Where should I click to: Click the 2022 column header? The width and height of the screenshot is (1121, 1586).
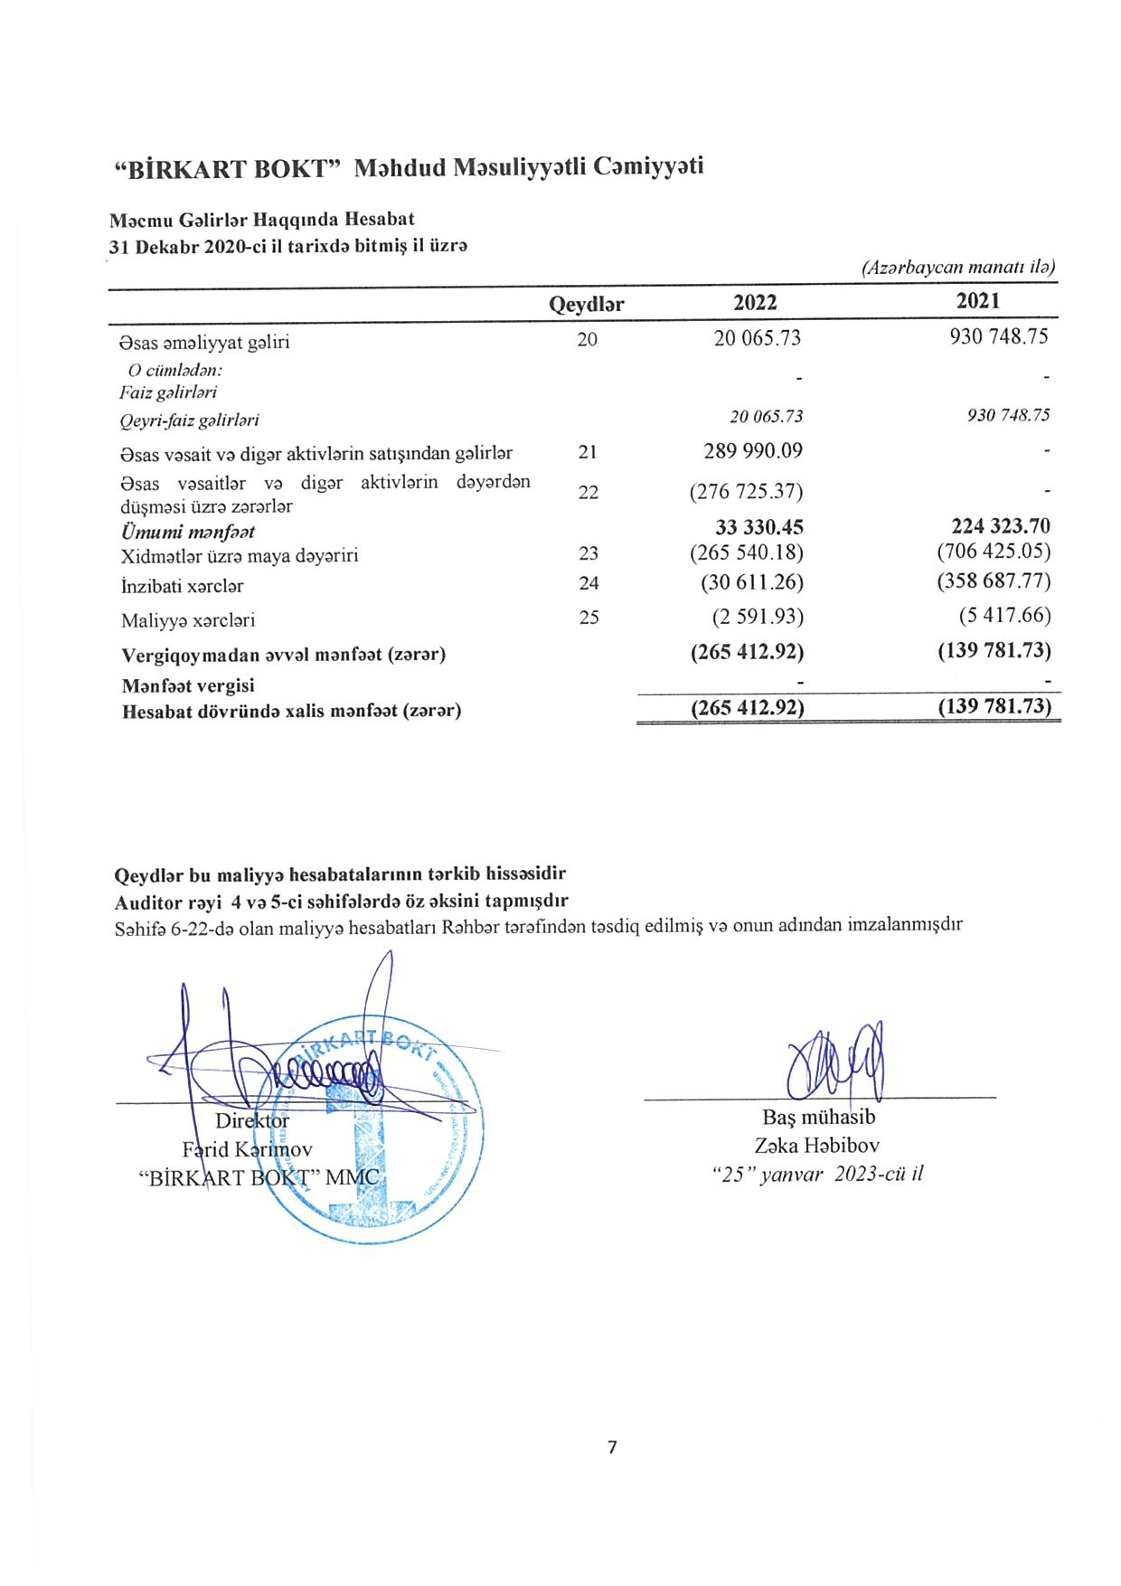tap(755, 302)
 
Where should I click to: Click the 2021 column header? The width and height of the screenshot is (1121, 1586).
tap(978, 300)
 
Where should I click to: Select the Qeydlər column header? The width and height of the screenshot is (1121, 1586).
tap(586, 305)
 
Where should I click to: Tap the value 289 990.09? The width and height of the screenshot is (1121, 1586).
tap(753, 450)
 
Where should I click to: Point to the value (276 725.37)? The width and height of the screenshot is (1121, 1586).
tap(746, 492)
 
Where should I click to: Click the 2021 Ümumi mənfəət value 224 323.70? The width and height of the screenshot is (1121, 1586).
tap(1001, 526)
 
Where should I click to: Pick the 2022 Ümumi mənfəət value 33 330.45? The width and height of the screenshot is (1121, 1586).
tap(758, 527)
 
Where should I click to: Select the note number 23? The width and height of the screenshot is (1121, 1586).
tap(588, 553)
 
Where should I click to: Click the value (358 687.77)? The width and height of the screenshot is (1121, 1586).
tap(994, 581)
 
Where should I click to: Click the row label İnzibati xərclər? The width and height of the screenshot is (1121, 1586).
tap(183, 586)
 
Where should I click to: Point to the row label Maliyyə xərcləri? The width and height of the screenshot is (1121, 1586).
tap(188, 620)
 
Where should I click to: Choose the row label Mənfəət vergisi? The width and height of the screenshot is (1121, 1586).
tap(188, 685)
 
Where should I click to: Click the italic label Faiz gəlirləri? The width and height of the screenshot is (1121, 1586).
tap(168, 392)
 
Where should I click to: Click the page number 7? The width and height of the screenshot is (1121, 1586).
tap(612, 1447)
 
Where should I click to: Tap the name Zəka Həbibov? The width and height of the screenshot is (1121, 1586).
tap(816, 1146)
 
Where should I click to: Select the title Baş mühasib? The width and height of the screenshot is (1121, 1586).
tap(818, 1117)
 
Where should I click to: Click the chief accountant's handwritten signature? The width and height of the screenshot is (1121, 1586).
tap(836, 1061)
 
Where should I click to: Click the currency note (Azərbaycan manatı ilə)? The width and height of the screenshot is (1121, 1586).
tap(958, 267)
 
